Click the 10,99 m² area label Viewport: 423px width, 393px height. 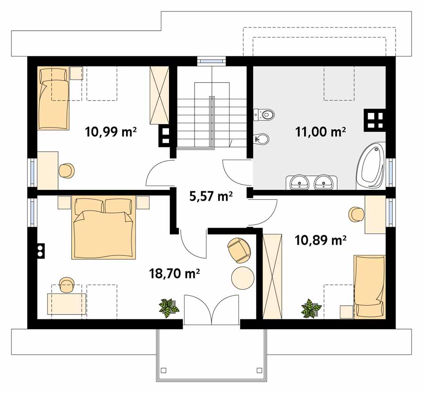click(x=110, y=132)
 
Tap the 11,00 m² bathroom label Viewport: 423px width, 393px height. click(x=321, y=132)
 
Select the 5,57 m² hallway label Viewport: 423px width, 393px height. click(x=211, y=196)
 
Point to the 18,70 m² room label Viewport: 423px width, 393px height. click(x=174, y=273)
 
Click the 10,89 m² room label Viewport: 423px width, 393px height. click(x=321, y=240)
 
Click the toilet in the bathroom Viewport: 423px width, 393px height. click(x=264, y=114)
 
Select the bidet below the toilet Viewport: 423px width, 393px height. click(x=262, y=139)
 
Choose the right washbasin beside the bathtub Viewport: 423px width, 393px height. click(x=324, y=182)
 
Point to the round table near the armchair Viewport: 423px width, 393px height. click(x=243, y=278)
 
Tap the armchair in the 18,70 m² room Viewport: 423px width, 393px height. click(x=239, y=250)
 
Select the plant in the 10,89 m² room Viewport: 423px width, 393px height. click(x=311, y=308)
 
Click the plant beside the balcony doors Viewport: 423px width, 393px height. click(x=169, y=308)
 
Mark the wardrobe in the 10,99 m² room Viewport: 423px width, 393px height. click(x=160, y=95)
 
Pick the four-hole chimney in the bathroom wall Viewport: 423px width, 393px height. click(x=375, y=120)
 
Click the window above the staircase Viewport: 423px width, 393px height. click(x=211, y=61)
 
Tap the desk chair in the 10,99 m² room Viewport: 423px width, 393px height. click(x=67, y=171)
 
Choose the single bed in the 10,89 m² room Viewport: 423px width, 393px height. click(x=370, y=287)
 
